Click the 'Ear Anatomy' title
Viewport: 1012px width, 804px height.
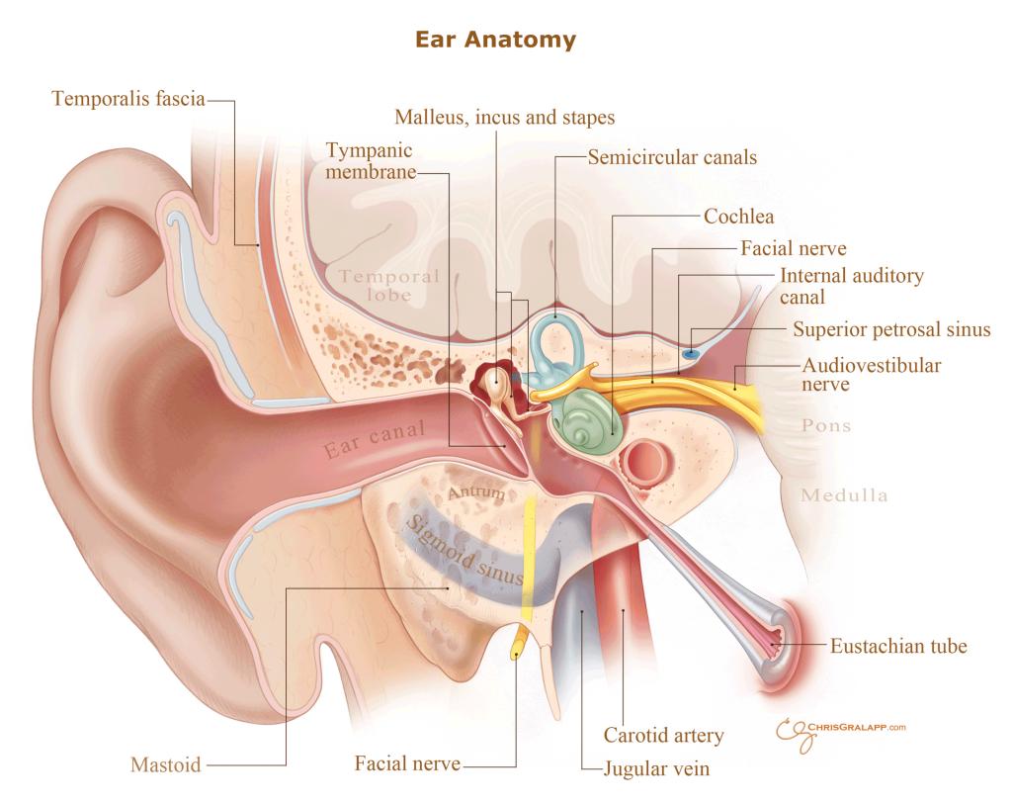(x=495, y=40)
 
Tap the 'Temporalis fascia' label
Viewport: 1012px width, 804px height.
(x=128, y=99)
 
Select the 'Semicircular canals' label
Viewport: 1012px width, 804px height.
(x=672, y=157)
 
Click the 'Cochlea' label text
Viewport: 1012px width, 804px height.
(x=738, y=217)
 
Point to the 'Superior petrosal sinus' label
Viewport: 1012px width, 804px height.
(x=891, y=329)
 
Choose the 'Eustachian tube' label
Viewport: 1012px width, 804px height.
(x=898, y=646)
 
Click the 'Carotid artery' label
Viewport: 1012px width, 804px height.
(x=663, y=735)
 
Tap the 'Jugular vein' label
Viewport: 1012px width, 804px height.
(x=656, y=768)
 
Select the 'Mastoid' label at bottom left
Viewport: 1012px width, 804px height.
(x=166, y=764)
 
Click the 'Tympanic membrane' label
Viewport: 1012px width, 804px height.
(x=371, y=161)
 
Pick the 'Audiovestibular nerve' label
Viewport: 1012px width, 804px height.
(x=872, y=375)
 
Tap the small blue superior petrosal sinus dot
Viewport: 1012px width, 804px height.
(x=691, y=354)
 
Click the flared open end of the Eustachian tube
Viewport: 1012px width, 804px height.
(x=778, y=638)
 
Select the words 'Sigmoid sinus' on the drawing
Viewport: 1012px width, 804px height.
(x=464, y=550)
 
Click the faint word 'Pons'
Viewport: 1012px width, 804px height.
(x=826, y=425)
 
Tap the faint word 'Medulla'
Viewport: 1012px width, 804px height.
(x=844, y=495)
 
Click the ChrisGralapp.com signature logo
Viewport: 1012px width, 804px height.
(x=840, y=733)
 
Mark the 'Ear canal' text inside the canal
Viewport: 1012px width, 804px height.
(x=375, y=438)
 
